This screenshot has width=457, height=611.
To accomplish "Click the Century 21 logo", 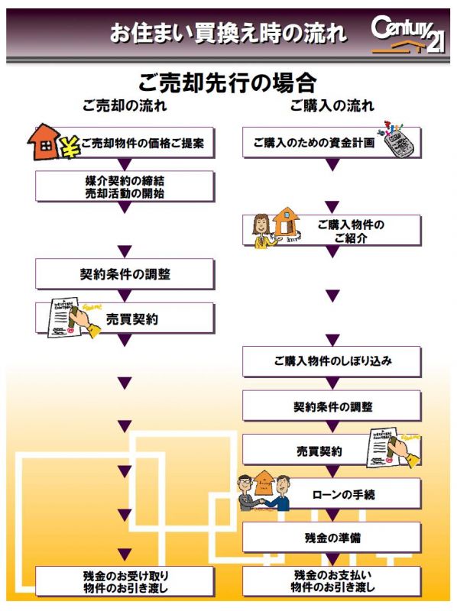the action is pos(407,34).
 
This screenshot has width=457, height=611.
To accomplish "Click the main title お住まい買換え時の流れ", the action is pos(228,33).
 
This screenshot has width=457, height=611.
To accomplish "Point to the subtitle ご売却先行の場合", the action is pos(227,82).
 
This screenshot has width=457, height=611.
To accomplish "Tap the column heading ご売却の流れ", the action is pos(125,105).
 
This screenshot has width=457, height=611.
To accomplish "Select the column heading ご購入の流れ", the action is pos(332,105).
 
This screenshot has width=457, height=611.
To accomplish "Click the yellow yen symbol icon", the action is pos(70,147).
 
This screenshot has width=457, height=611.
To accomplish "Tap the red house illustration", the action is pos(44,142).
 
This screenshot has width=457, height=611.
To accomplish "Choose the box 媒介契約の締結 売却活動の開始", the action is pos(125,186).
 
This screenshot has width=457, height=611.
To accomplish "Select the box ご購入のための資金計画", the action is pos(332,143).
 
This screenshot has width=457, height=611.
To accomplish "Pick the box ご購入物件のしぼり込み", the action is pos(332,361).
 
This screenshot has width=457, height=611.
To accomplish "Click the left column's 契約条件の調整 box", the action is pos(125,274).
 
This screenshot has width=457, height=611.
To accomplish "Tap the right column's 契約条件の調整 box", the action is pos(332,406).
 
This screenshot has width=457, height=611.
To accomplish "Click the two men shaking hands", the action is pos(264,492).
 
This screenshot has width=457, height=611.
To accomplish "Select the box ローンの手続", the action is pos(332,494).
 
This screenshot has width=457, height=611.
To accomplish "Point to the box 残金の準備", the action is pos(332,538).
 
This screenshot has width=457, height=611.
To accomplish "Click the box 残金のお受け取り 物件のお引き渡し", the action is pos(125,581).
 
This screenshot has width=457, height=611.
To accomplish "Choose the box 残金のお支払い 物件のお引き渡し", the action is pos(332,581).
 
